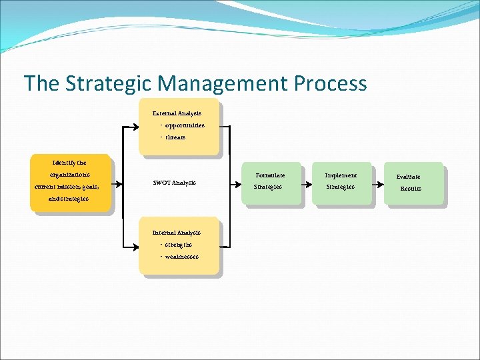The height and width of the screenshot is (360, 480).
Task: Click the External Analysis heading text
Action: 177,113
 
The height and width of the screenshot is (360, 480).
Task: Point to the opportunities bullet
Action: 184,125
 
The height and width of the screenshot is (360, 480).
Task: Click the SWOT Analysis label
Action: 175,183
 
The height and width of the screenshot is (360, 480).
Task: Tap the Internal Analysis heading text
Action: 176,233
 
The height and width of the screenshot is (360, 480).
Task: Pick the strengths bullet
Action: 177,245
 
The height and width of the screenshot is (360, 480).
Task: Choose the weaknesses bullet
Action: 181,257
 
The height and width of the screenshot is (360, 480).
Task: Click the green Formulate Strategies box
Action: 269,182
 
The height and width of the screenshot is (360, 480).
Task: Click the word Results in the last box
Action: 411,189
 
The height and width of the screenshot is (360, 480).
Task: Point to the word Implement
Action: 341,175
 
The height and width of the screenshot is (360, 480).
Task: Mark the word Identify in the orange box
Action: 62,163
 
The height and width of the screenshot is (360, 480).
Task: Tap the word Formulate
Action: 270,175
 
